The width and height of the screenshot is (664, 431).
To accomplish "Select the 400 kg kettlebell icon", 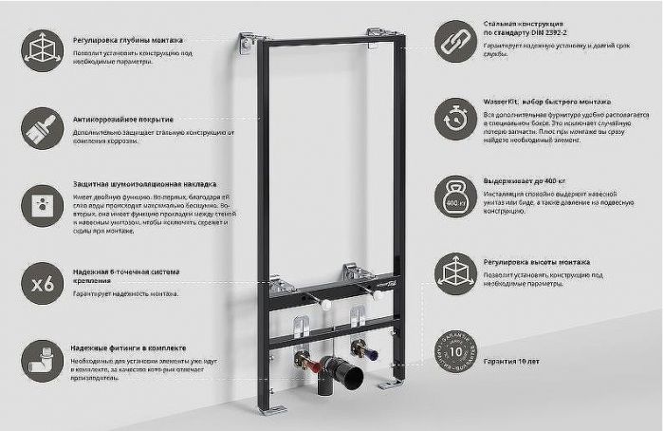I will pos(455,197).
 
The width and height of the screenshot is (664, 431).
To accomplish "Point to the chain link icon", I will pos(455,40).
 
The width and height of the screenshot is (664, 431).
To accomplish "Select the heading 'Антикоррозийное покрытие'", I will pos(123,120).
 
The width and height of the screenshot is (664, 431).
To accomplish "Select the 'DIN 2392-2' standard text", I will pos(544,33).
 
